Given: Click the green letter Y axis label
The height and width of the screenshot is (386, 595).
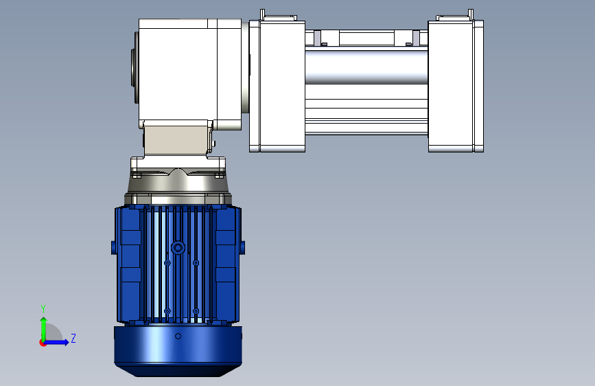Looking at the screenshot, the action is coord(43,308).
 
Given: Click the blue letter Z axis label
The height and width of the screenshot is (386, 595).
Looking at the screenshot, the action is coord(73,338).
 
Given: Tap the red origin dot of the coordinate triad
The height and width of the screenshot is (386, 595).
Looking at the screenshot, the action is coord(43,343).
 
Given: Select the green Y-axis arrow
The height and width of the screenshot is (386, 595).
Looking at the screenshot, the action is coord(44,329).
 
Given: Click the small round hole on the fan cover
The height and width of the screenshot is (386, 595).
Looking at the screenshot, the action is coord(178,337).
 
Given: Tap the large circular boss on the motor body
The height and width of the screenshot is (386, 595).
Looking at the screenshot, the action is coord(178,248).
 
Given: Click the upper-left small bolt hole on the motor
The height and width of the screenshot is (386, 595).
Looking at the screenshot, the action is coord(167,263).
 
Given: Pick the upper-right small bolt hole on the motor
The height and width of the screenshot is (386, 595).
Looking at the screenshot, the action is coord(196,263).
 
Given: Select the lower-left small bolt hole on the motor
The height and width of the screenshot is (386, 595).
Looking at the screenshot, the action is coord(167,311).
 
